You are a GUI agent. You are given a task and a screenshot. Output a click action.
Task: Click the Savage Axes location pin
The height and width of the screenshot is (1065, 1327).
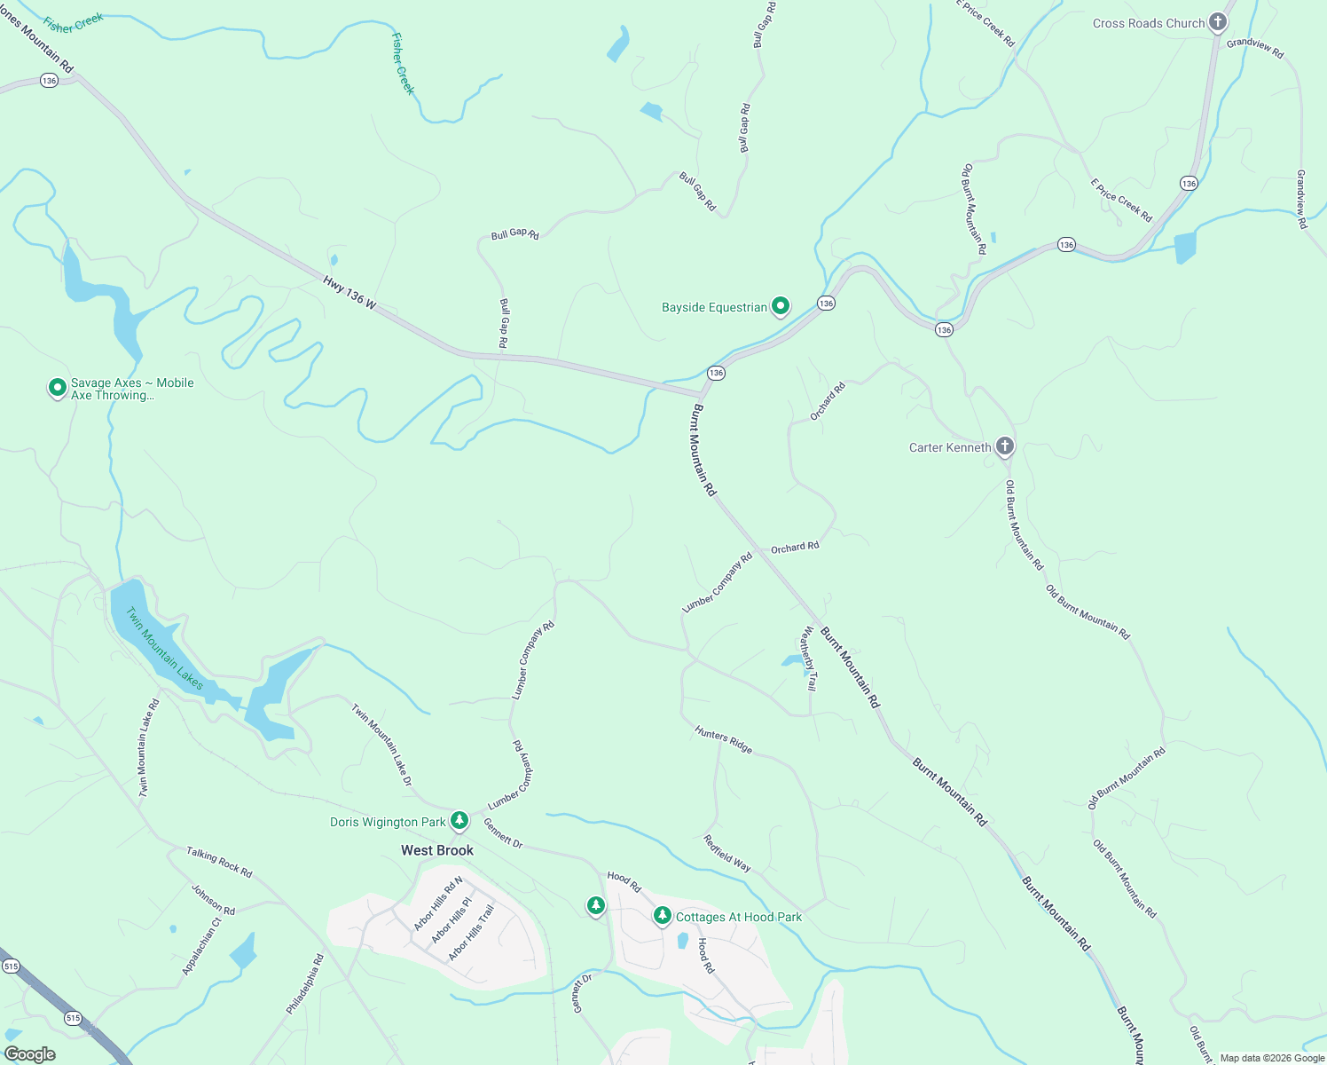pyautogui.click(x=57, y=388)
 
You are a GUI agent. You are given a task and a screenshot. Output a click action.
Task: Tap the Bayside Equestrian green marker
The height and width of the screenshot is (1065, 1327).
pyautogui.click(x=781, y=306)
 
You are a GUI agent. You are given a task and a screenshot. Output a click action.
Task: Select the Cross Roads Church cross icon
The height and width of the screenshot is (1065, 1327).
pyautogui.click(x=1218, y=22)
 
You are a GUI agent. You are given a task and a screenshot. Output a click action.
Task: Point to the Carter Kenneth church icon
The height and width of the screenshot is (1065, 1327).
pyautogui.click(x=1004, y=446)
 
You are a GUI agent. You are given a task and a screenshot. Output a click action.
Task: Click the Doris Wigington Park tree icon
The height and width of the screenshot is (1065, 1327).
pyautogui.click(x=459, y=820)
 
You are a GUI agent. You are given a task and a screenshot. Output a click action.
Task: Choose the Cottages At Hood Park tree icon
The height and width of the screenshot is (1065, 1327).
pyautogui.click(x=662, y=915)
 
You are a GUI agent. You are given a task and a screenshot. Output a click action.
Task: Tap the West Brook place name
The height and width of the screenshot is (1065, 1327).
pyautogui.click(x=437, y=850)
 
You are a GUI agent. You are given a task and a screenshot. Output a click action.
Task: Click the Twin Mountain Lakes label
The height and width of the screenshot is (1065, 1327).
pyautogui.click(x=165, y=649)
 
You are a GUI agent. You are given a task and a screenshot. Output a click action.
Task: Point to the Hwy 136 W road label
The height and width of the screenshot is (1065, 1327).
pyautogui.click(x=349, y=293)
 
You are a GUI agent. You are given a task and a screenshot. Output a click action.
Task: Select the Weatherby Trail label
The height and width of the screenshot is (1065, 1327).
pyautogui.click(x=809, y=659)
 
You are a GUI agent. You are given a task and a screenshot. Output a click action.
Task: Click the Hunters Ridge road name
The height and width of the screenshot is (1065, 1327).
pyautogui.click(x=724, y=740)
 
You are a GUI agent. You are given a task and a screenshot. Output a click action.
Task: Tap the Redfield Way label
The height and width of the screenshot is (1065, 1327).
pyautogui.click(x=727, y=853)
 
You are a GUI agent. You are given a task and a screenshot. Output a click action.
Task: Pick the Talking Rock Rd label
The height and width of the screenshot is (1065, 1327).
pyautogui.click(x=219, y=862)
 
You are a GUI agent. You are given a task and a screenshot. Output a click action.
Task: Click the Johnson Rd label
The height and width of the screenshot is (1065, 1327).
pyautogui.click(x=214, y=899)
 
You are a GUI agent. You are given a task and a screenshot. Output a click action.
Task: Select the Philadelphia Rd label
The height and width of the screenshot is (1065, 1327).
pyautogui.click(x=305, y=984)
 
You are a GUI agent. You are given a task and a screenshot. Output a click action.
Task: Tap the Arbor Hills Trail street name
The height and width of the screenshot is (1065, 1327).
pyautogui.click(x=471, y=933)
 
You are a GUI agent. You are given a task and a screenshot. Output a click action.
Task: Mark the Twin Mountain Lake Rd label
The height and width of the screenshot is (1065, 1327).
pyautogui.click(x=148, y=747)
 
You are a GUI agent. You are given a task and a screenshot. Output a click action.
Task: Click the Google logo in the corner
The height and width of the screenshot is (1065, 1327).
pyautogui.click(x=30, y=1053)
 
